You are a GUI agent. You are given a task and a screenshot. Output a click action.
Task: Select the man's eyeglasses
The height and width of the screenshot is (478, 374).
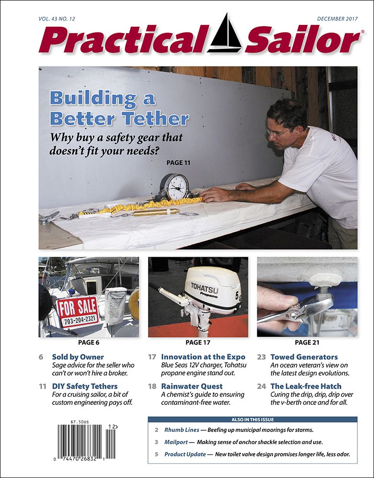279,132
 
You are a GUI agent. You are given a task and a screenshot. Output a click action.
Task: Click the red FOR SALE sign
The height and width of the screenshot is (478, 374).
78,311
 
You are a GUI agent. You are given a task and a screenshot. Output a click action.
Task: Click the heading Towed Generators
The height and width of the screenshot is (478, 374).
304,357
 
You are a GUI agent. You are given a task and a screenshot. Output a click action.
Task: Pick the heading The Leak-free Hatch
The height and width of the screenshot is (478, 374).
306,386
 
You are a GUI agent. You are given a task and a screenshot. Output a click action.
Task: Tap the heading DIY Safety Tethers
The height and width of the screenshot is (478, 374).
84,386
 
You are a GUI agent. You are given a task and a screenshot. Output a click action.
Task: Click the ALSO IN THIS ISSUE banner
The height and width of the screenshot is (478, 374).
252,419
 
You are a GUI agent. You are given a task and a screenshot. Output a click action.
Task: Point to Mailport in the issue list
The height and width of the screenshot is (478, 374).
176,442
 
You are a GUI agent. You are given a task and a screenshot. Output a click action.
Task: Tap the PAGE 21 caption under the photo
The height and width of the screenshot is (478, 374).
307,342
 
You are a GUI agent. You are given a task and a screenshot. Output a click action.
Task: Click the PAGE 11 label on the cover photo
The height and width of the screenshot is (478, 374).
179,163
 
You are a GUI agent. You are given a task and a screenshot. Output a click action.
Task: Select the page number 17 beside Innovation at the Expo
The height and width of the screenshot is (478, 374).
152,357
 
